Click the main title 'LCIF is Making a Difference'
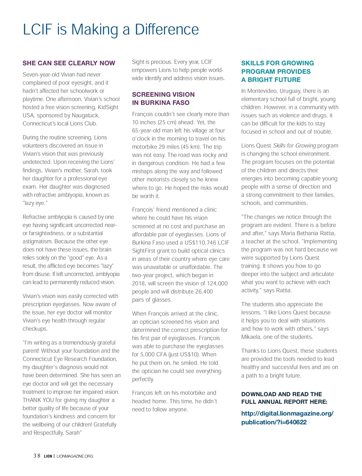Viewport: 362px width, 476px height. pyautogui.click(x=111, y=30)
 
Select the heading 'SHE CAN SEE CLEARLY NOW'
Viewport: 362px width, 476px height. pyautogui.click(x=69, y=63)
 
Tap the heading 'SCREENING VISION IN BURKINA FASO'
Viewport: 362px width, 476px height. pyautogui.click(x=163, y=99)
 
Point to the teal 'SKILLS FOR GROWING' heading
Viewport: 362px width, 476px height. pyautogui.click(x=278, y=63)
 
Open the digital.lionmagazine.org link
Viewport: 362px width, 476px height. pyautogui.click(x=287, y=418)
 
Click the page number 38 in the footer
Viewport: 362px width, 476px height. pyautogui.click(x=37, y=456)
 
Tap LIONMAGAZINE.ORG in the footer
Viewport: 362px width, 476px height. pyautogui.click(x=75, y=456)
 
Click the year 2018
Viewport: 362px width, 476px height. pyautogui.click(x=139, y=283)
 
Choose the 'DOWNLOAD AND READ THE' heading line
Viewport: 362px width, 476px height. pyautogui.click(x=281, y=394)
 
